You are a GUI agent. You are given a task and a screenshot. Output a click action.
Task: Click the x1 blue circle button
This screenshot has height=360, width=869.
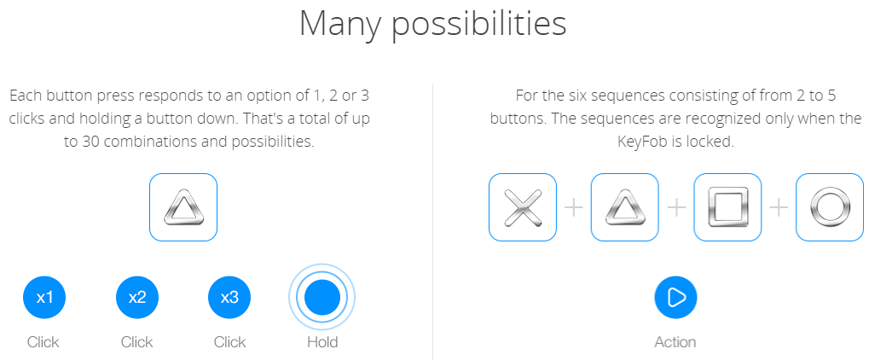pyautogui.click(x=44, y=298)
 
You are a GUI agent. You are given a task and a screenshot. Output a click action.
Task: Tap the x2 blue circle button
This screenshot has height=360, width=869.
pyautogui.click(x=137, y=298)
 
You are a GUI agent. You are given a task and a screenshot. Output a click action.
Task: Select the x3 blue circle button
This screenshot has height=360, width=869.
pyautogui.click(x=229, y=298)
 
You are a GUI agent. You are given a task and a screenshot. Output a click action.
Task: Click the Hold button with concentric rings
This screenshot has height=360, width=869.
pyautogui.click(x=322, y=298)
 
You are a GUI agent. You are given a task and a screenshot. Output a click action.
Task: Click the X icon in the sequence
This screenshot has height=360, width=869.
pyautogui.click(x=522, y=207)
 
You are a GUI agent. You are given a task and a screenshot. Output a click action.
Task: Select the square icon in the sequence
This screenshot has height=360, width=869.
pyautogui.click(x=727, y=207)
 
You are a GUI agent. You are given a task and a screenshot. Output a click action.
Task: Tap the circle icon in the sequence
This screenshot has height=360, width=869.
pyautogui.click(x=830, y=207)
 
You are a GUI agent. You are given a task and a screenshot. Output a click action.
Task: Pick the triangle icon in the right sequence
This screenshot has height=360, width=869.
pyautogui.click(x=624, y=207)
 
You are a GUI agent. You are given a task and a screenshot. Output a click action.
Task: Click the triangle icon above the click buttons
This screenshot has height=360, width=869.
pyautogui.click(x=182, y=207)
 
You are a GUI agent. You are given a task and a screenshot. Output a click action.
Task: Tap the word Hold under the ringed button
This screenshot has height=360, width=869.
pyautogui.click(x=322, y=342)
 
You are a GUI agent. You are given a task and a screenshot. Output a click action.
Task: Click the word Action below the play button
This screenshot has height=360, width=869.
pyautogui.click(x=675, y=342)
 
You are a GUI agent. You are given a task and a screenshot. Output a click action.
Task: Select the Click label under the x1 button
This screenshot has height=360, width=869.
pyautogui.click(x=43, y=342)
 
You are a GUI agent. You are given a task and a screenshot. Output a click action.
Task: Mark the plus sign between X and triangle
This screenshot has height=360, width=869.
pyautogui.click(x=574, y=207)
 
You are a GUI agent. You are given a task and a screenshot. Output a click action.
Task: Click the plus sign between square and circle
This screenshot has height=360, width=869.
pyautogui.click(x=779, y=207)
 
